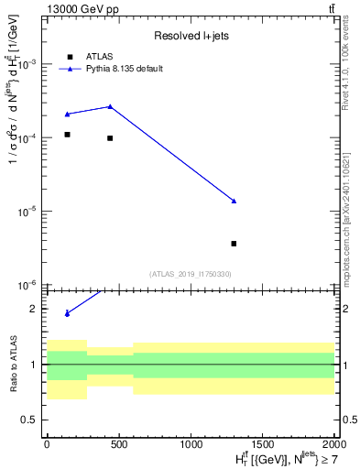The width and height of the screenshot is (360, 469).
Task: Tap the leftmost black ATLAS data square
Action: tap(68, 135)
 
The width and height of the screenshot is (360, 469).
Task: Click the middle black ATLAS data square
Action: tap(110, 138)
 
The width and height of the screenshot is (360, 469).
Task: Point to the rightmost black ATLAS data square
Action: tap(235, 244)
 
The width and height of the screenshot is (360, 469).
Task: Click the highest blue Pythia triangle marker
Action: tap(110, 106)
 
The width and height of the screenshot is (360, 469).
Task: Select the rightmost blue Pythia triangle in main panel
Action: tap(235, 201)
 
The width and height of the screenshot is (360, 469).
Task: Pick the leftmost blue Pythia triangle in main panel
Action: tap(68, 114)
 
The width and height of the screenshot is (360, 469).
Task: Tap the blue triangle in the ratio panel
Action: tap(68, 313)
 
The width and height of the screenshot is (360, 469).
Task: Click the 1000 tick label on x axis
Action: tap(191, 443)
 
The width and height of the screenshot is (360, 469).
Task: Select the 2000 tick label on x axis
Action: tap(333, 443)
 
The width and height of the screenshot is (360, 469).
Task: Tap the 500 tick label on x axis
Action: tap(118, 443)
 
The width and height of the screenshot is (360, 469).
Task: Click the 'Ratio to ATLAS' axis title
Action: tap(13, 364)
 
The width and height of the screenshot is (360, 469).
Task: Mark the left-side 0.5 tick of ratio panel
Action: tap(29, 420)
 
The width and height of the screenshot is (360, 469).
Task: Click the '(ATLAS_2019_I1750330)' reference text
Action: tap(190, 274)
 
